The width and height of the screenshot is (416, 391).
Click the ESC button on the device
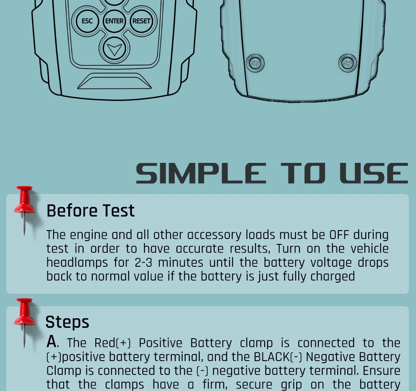coord(87,21)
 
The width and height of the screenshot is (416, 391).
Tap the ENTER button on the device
coord(114,21)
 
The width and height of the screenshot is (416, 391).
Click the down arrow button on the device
coord(114,49)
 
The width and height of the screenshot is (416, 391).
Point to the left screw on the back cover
coord(255,63)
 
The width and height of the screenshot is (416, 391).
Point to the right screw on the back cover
coord(347,63)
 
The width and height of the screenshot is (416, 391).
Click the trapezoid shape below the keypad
coord(114,81)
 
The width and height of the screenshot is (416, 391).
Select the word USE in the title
coord(374,173)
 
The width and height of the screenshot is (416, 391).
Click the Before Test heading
coord(90,211)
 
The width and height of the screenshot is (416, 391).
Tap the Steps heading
coord(67,322)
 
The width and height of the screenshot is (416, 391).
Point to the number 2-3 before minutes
coord(144,263)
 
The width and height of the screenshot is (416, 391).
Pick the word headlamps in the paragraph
coord(77,263)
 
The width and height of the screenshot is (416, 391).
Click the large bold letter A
coord(52,342)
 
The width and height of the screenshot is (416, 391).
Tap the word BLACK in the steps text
coord(272,357)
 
